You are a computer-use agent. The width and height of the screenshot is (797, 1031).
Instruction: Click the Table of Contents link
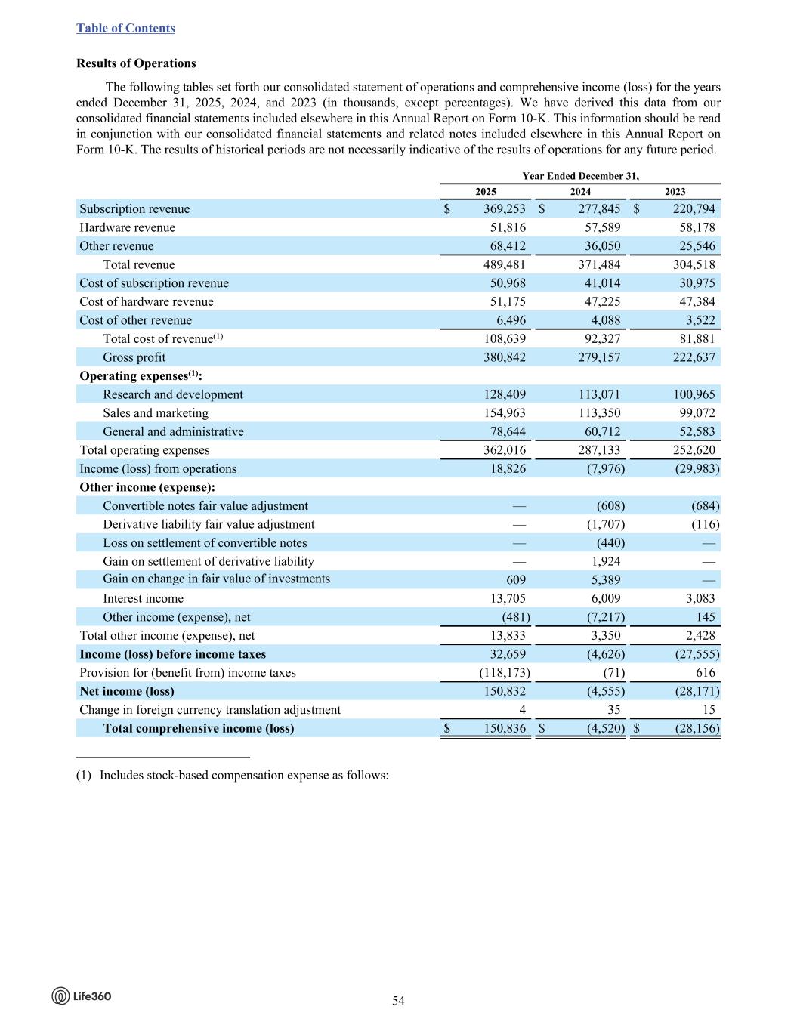[x=125, y=28]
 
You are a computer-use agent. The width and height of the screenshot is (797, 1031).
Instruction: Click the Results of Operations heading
[x=136, y=63]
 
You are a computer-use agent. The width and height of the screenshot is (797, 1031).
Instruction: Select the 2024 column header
[x=580, y=192]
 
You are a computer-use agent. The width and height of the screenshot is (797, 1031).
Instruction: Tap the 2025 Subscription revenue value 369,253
[x=504, y=209]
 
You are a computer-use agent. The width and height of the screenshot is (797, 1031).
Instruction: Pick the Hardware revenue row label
[x=127, y=227]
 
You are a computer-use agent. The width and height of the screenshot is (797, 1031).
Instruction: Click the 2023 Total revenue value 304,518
[x=694, y=264]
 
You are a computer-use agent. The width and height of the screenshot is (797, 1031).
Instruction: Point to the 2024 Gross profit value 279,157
[x=599, y=357]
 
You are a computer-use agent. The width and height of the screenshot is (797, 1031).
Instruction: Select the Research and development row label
[x=173, y=394]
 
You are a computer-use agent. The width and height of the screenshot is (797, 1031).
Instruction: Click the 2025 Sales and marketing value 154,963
[x=504, y=413]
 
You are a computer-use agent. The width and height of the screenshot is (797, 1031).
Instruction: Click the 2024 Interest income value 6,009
[x=606, y=598]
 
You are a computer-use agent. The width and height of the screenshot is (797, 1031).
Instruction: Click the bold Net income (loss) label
[x=127, y=691]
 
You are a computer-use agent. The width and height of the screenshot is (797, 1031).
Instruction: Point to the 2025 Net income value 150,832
[x=504, y=691]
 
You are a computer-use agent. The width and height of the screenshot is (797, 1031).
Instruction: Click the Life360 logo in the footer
[x=82, y=996]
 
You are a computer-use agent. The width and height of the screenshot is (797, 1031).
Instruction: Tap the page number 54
[x=398, y=1001]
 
